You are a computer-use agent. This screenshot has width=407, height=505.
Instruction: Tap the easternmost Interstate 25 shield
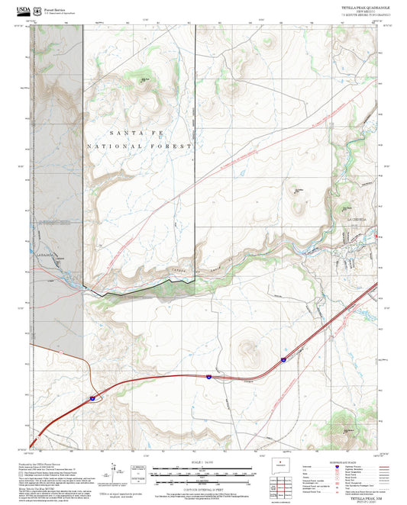click(282, 357)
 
